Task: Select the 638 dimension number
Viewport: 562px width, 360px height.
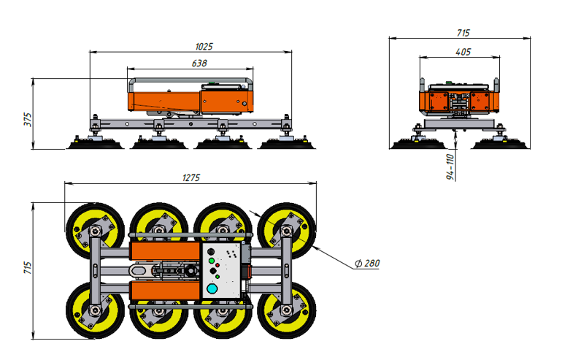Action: click(199, 64)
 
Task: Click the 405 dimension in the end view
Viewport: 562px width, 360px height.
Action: click(463, 53)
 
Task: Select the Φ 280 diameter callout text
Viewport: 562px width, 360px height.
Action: click(367, 263)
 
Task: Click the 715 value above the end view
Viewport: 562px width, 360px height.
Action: click(463, 33)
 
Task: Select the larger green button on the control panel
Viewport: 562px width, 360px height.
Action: click(212, 259)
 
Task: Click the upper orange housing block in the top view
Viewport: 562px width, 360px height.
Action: click(164, 251)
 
